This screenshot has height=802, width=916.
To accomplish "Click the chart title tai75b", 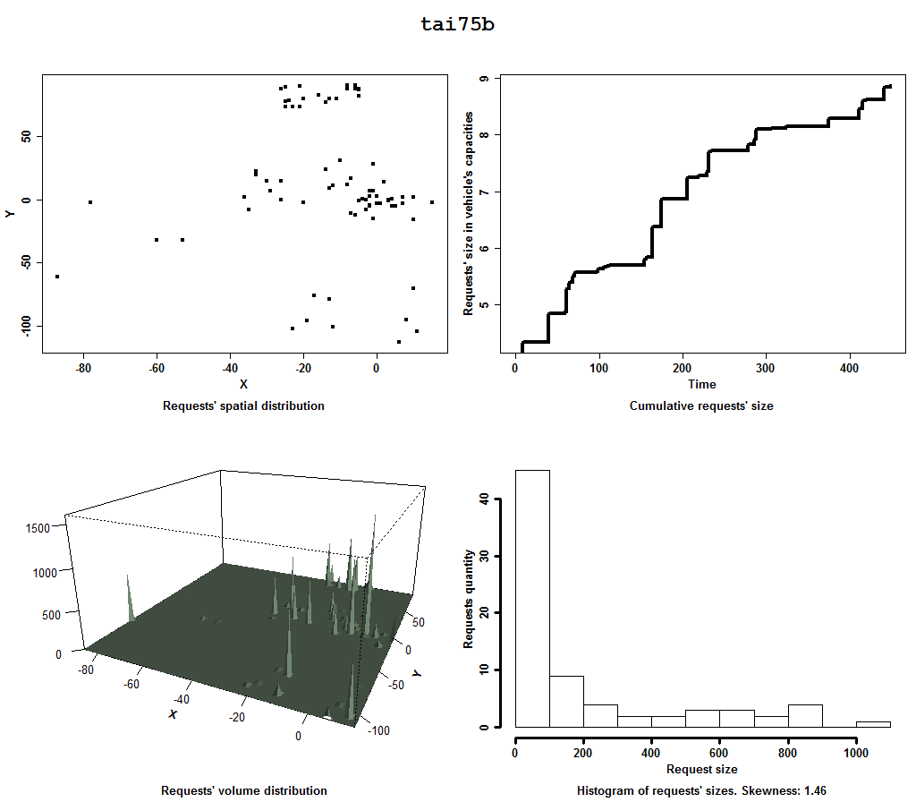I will pyautogui.click(x=457, y=24).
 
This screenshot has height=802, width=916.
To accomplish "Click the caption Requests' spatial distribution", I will pyautogui.click(x=243, y=406).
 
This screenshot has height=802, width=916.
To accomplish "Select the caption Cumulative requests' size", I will pyautogui.click(x=701, y=406).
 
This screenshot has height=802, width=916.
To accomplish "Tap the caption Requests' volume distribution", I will pyautogui.click(x=243, y=791).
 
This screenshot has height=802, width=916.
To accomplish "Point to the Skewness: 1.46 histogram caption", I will pyautogui.click(x=701, y=791).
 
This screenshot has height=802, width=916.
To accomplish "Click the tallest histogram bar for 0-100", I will pyautogui.click(x=532, y=600).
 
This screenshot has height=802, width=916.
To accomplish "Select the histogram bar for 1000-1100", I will pyautogui.click(x=873, y=724).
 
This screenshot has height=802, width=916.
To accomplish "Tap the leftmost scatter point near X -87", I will pyautogui.click(x=57, y=277).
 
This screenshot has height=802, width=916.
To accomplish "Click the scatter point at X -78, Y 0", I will pyautogui.click(x=90, y=202).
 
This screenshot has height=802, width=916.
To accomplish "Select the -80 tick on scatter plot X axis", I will pyautogui.click(x=83, y=367).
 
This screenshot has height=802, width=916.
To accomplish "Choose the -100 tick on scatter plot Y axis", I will pyautogui.click(x=25, y=325).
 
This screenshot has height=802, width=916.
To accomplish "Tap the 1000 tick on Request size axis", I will pyautogui.click(x=856, y=754).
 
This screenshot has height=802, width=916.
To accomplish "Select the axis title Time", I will pyautogui.click(x=701, y=385).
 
